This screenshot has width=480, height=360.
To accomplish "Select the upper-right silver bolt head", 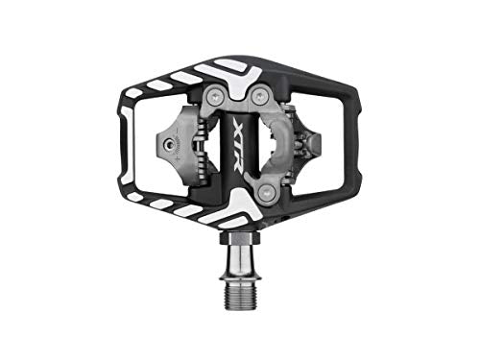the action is (259, 95).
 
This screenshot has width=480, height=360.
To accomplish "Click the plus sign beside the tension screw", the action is (176, 158).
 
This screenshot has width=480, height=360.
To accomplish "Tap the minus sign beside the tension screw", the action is (176, 130).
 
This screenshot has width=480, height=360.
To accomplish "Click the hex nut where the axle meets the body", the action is (240, 238).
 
